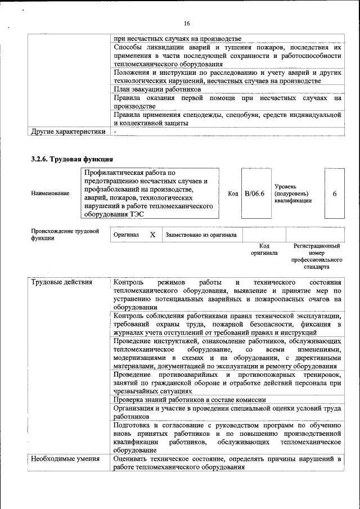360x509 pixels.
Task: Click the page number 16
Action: (187, 23)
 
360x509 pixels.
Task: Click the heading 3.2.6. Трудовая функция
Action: (73, 159)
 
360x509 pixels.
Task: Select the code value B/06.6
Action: (254, 193)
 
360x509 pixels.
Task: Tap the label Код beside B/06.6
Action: (232, 193)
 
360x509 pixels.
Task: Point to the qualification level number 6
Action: (335, 193)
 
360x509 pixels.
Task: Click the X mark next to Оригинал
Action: (152, 235)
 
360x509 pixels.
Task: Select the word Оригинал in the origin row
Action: (126, 235)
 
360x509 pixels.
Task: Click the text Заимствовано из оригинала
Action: (201, 235)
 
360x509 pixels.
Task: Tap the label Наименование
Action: (51, 193)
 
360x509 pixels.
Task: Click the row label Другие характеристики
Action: (67, 132)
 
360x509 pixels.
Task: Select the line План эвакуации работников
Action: (157, 89)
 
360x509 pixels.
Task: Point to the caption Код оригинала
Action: (264, 249)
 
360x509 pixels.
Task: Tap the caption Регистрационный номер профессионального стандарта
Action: (317, 256)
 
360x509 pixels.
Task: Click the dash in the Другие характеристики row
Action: (115, 132)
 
